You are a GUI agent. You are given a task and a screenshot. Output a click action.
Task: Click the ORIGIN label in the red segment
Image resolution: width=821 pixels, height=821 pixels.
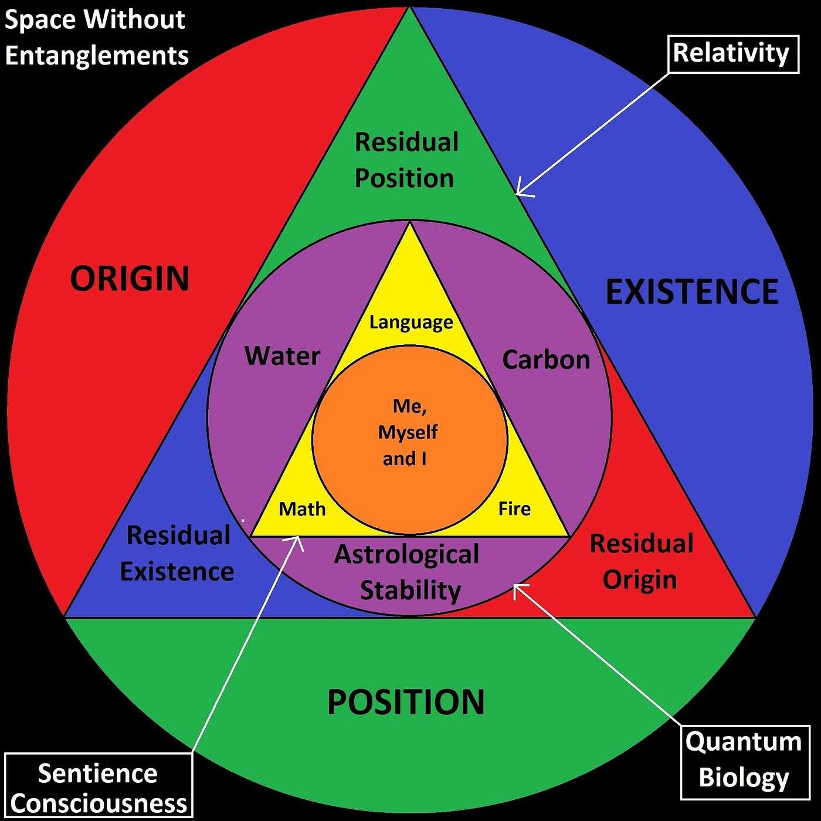[x=130, y=278]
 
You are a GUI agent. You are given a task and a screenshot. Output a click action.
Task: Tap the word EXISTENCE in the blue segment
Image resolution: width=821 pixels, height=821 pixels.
[x=692, y=291]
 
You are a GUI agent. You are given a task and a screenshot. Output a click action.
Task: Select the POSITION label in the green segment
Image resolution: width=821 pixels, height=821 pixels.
[x=406, y=702]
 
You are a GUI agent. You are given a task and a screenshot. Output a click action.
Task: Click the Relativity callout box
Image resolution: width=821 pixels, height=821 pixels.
[x=733, y=54]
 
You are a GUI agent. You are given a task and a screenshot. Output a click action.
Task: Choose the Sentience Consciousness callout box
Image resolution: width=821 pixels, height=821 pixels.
[x=99, y=786]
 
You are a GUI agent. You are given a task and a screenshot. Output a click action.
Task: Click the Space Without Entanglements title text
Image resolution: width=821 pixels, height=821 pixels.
[x=96, y=38]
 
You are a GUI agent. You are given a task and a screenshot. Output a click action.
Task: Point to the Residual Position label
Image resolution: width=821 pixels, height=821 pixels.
[x=406, y=160]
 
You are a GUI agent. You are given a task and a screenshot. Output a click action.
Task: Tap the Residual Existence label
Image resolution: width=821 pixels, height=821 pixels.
[x=177, y=554]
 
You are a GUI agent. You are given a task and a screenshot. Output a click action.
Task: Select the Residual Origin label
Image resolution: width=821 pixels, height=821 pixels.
[x=641, y=561]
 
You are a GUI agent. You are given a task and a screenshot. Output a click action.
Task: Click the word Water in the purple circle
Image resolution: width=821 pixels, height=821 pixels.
[x=283, y=356]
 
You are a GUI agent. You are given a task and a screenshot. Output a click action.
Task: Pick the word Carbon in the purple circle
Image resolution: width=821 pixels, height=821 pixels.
[x=546, y=359]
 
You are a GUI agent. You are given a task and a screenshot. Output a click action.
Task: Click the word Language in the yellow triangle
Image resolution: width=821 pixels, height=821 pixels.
[x=411, y=322]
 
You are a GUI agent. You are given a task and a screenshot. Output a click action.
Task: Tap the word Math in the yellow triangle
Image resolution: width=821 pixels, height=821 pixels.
[x=302, y=508]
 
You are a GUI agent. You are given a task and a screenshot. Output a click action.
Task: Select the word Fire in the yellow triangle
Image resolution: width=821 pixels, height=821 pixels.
[x=514, y=508]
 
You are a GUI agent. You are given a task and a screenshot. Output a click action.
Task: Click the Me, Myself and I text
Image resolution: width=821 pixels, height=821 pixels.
[x=408, y=432]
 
